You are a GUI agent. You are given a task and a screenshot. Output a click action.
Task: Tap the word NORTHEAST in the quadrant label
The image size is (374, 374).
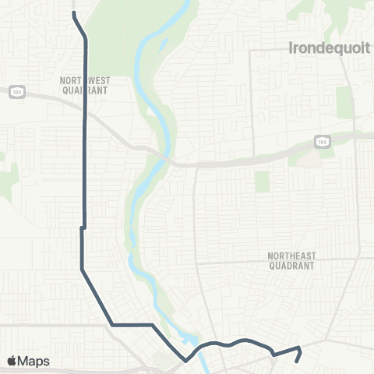pos(291,256)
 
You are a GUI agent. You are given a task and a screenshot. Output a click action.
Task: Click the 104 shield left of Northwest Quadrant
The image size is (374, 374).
pos(16,90)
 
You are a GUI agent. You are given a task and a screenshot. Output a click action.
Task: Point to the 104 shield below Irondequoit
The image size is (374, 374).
pos(321,141)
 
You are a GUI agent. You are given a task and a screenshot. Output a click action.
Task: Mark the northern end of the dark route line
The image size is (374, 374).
pos(73,14)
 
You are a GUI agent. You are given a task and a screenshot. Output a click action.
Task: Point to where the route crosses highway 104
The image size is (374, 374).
pos(85,114)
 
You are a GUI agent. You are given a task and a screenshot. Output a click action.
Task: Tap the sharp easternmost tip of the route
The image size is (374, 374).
pos(300,348)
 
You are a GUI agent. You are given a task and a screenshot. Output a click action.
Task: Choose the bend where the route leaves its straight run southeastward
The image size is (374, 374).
pos(82,270)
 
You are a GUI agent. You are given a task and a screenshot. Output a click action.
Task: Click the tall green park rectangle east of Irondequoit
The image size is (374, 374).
pos(344,102)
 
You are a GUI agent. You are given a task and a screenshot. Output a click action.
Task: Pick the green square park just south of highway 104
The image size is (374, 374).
pos(262,181)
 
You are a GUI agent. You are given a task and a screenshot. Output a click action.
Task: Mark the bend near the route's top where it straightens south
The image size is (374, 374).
pos(85,35)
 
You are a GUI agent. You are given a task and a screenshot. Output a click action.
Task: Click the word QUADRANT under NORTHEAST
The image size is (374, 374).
pos(291,265)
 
